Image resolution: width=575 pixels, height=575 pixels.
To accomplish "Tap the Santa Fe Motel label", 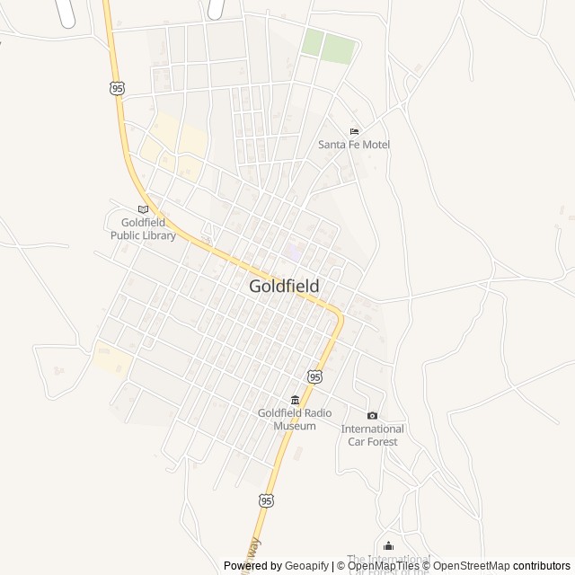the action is coord(354,145).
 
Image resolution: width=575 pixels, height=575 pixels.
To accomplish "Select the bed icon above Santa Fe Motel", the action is coord(354,131).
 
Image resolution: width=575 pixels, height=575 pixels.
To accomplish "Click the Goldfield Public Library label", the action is coord(143,229).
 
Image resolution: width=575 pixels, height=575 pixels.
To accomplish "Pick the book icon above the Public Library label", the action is coord(143,209).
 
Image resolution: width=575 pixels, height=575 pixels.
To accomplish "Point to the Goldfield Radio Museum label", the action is coord(295,419).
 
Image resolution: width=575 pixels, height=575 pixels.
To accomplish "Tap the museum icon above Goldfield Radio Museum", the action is coord(295,400).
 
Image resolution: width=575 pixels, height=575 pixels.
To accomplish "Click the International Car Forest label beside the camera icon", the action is coord(372,435).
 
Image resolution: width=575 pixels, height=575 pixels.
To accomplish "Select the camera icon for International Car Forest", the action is coord(372,415).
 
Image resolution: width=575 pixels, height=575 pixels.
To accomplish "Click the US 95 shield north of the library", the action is coord(118,88).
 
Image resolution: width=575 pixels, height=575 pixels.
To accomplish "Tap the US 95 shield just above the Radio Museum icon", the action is coord(314,377).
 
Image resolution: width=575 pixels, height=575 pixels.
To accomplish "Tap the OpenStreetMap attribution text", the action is coord(471,566).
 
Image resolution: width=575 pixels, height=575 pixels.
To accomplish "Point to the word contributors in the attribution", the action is coord(542,566).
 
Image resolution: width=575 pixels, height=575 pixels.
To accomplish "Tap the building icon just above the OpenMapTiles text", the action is coord(388,546).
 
